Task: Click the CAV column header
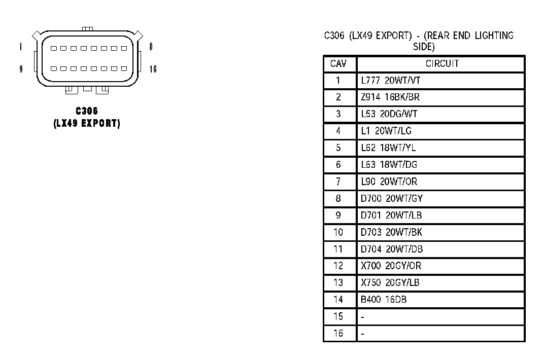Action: pos(338,64)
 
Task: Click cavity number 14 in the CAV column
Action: pos(338,300)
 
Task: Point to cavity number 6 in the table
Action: pos(338,165)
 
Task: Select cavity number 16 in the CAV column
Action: pos(338,333)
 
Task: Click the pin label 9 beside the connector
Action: pos(21,69)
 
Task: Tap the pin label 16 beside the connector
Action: pos(153,69)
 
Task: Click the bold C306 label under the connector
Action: pos(87,111)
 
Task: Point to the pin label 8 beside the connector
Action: pos(151,47)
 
